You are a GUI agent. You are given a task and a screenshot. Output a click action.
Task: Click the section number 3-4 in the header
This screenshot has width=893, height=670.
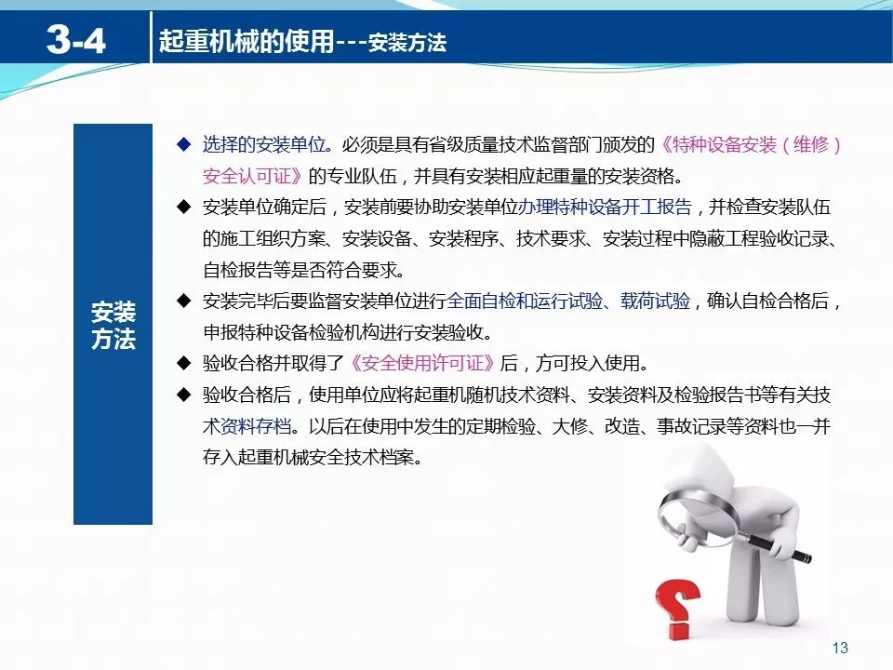coord(76,40)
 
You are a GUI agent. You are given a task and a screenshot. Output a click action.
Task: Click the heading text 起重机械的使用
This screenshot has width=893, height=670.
coord(247,40)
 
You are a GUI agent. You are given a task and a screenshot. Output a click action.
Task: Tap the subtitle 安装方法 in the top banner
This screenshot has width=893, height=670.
coord(407,42)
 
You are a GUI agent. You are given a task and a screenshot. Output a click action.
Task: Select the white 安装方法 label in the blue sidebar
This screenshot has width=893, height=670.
coord(113,325)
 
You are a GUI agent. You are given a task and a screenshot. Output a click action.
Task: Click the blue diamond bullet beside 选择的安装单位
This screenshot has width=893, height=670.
coord(184,144)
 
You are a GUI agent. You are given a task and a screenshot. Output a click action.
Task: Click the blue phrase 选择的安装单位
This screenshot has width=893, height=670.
coord(264,145)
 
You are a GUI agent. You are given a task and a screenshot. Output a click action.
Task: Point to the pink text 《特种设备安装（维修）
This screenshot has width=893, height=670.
coord(751,145)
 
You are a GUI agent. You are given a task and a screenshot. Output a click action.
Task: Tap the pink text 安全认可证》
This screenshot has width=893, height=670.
coord(253,176)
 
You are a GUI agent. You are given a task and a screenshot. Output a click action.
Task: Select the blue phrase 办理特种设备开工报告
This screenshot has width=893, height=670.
coord(605,207)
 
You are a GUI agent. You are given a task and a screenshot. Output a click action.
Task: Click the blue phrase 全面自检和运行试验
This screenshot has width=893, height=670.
coord(525,301)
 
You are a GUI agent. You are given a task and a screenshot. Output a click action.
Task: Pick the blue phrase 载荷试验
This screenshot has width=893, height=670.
coord(655,301)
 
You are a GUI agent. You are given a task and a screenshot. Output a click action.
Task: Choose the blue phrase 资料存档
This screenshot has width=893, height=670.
coord(256,425)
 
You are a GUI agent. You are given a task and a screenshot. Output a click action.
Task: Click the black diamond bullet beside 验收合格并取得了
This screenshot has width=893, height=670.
coord(184,363)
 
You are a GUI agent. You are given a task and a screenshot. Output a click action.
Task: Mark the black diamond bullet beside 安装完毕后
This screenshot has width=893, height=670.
coord(184,301)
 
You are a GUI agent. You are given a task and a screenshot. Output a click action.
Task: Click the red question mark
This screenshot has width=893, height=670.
coord(677,610)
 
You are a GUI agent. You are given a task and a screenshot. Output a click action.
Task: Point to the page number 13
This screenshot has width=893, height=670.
coord(840,648)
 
